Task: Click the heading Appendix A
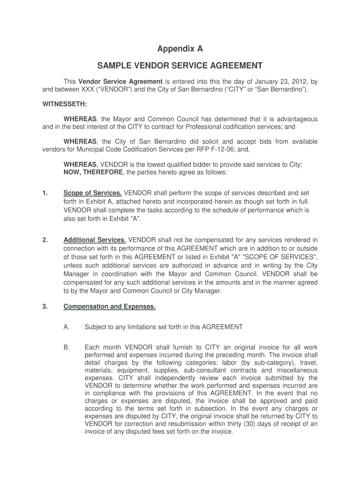point(180,49)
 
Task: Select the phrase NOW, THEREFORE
point(93,172)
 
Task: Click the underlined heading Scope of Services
point(93,193)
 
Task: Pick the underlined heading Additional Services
point(94,240)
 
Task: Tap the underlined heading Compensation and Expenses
point(109,307)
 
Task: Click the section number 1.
point(44,193)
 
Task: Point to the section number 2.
point(44,240)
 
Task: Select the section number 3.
point(44,307)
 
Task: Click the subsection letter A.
point(66,327)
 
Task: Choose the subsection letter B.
point(66,347)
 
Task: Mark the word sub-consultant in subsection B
point(204,370)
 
